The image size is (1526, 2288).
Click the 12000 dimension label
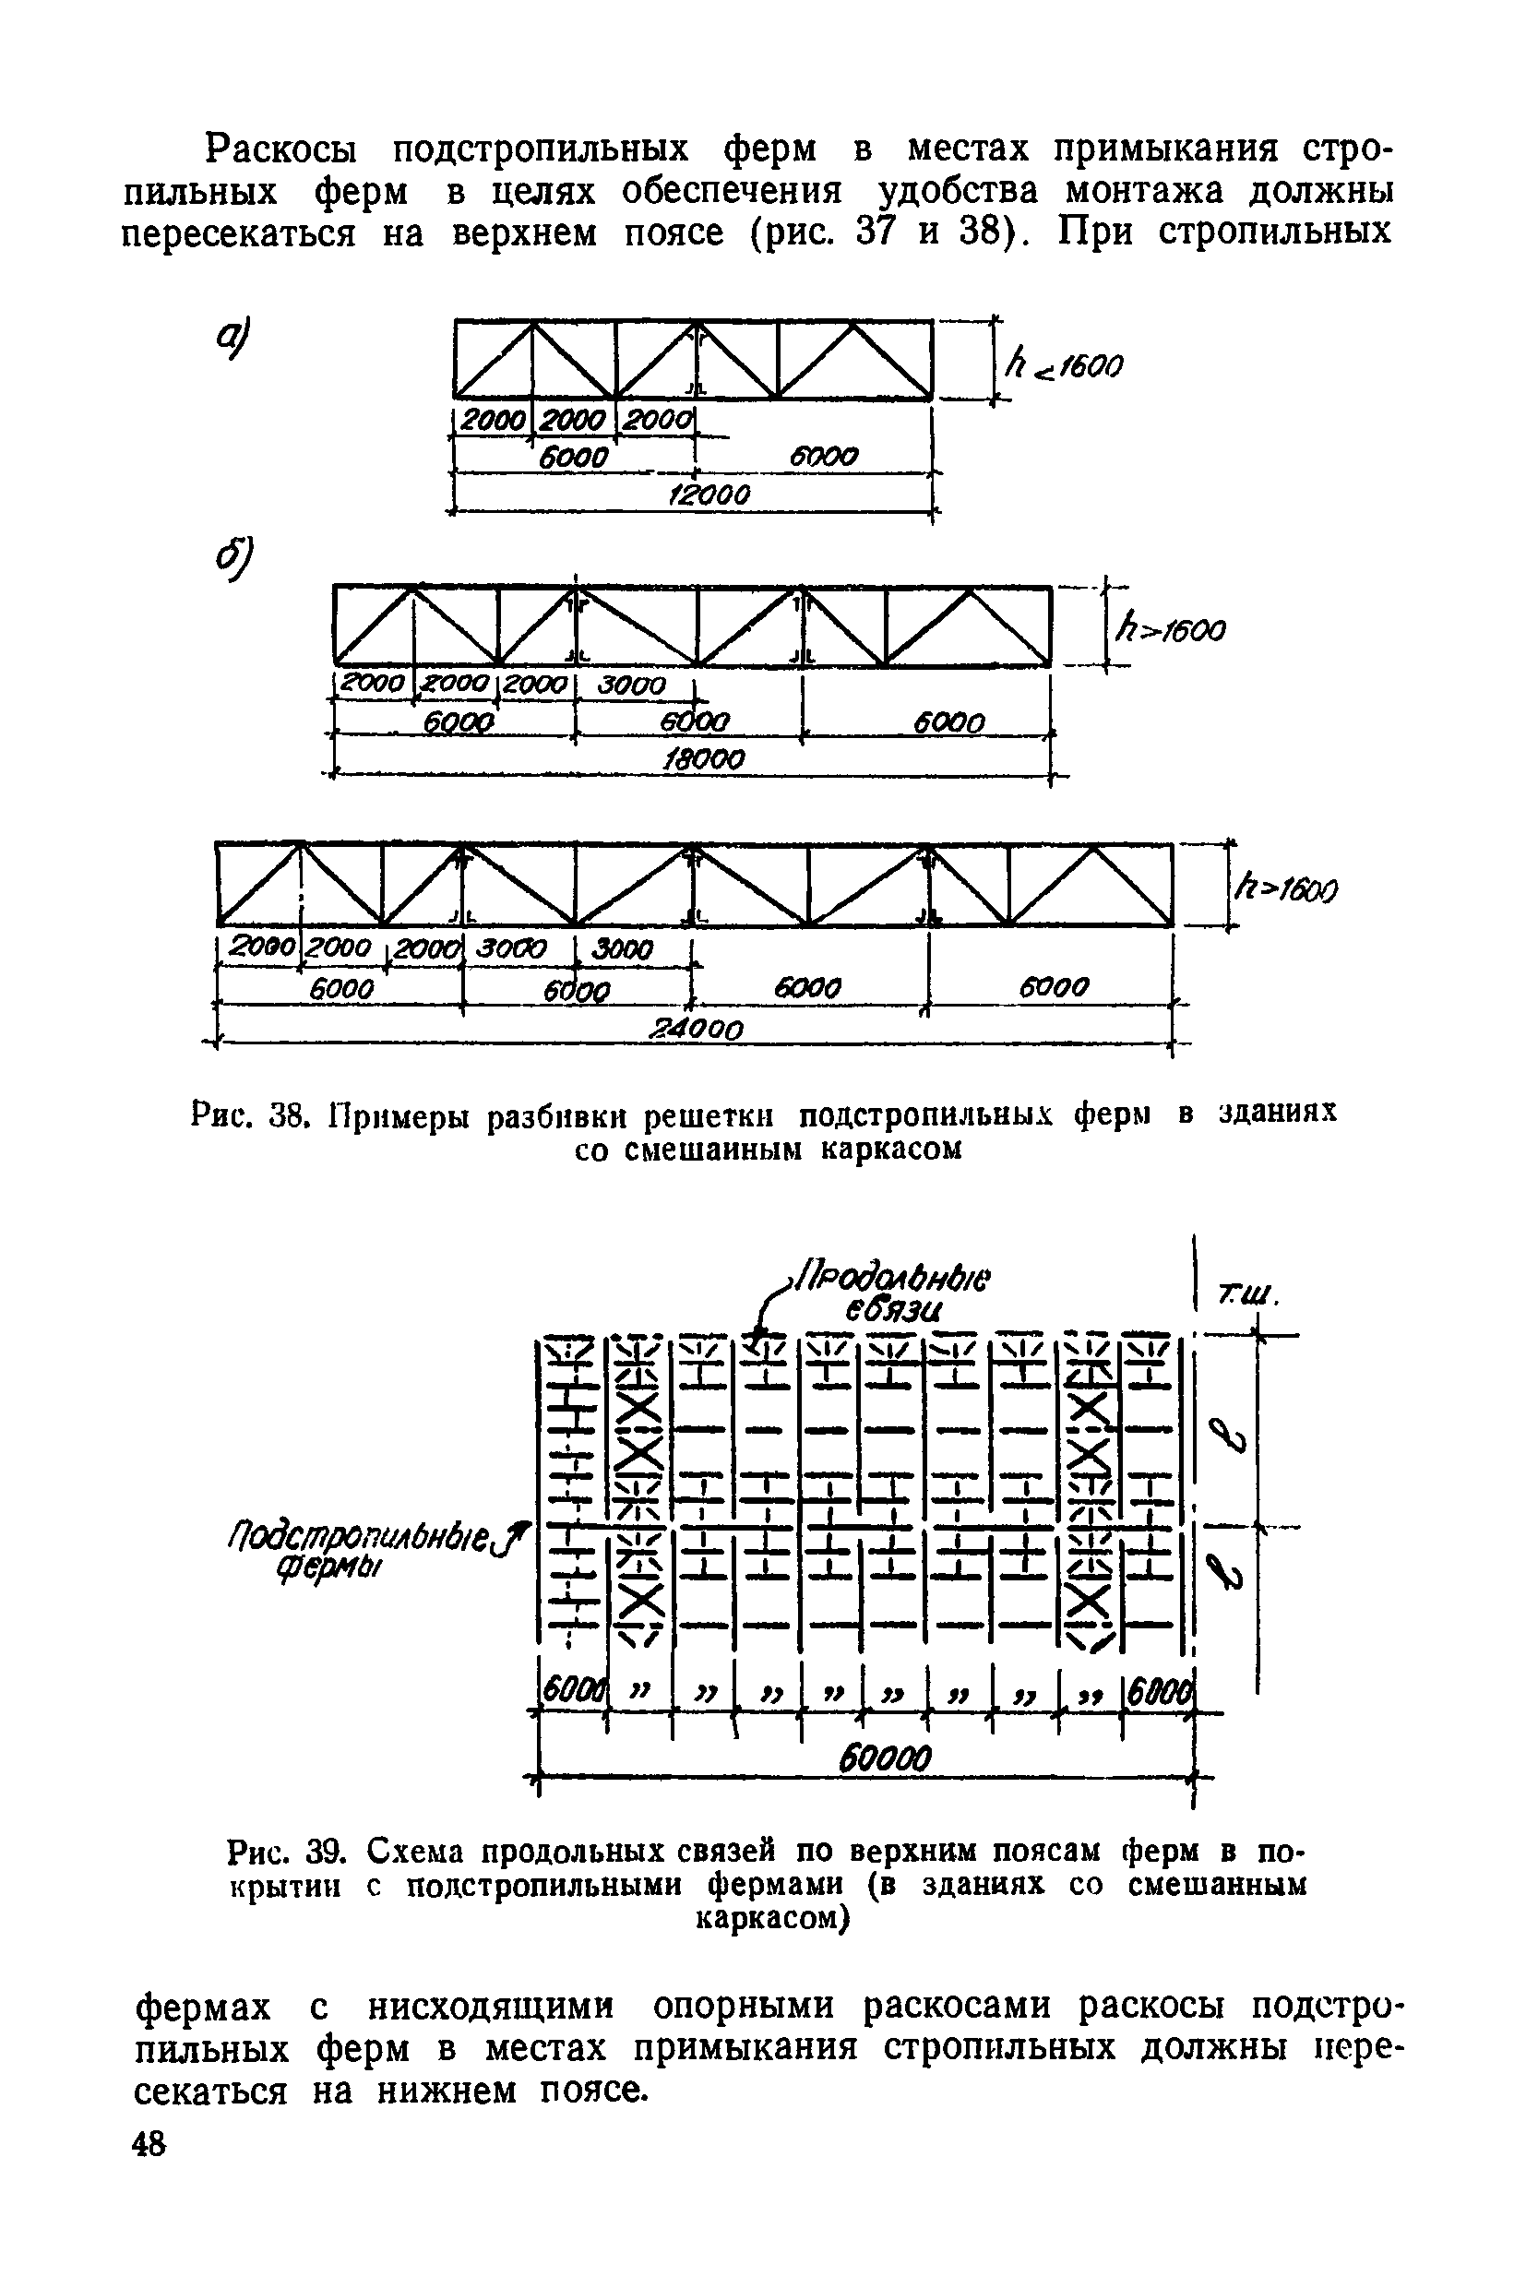click(x=709, y=495)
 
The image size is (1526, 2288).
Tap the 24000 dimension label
click(x=697, y=1029)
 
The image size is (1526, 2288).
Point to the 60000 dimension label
click(x=886, y=1758)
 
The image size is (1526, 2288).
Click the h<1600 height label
click(x=1063, y=367)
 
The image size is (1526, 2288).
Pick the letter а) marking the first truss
click(x=234, y=339)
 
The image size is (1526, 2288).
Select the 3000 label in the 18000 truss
click(x=632, y=686)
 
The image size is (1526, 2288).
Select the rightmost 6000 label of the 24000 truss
click(x=1053, y=989)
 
